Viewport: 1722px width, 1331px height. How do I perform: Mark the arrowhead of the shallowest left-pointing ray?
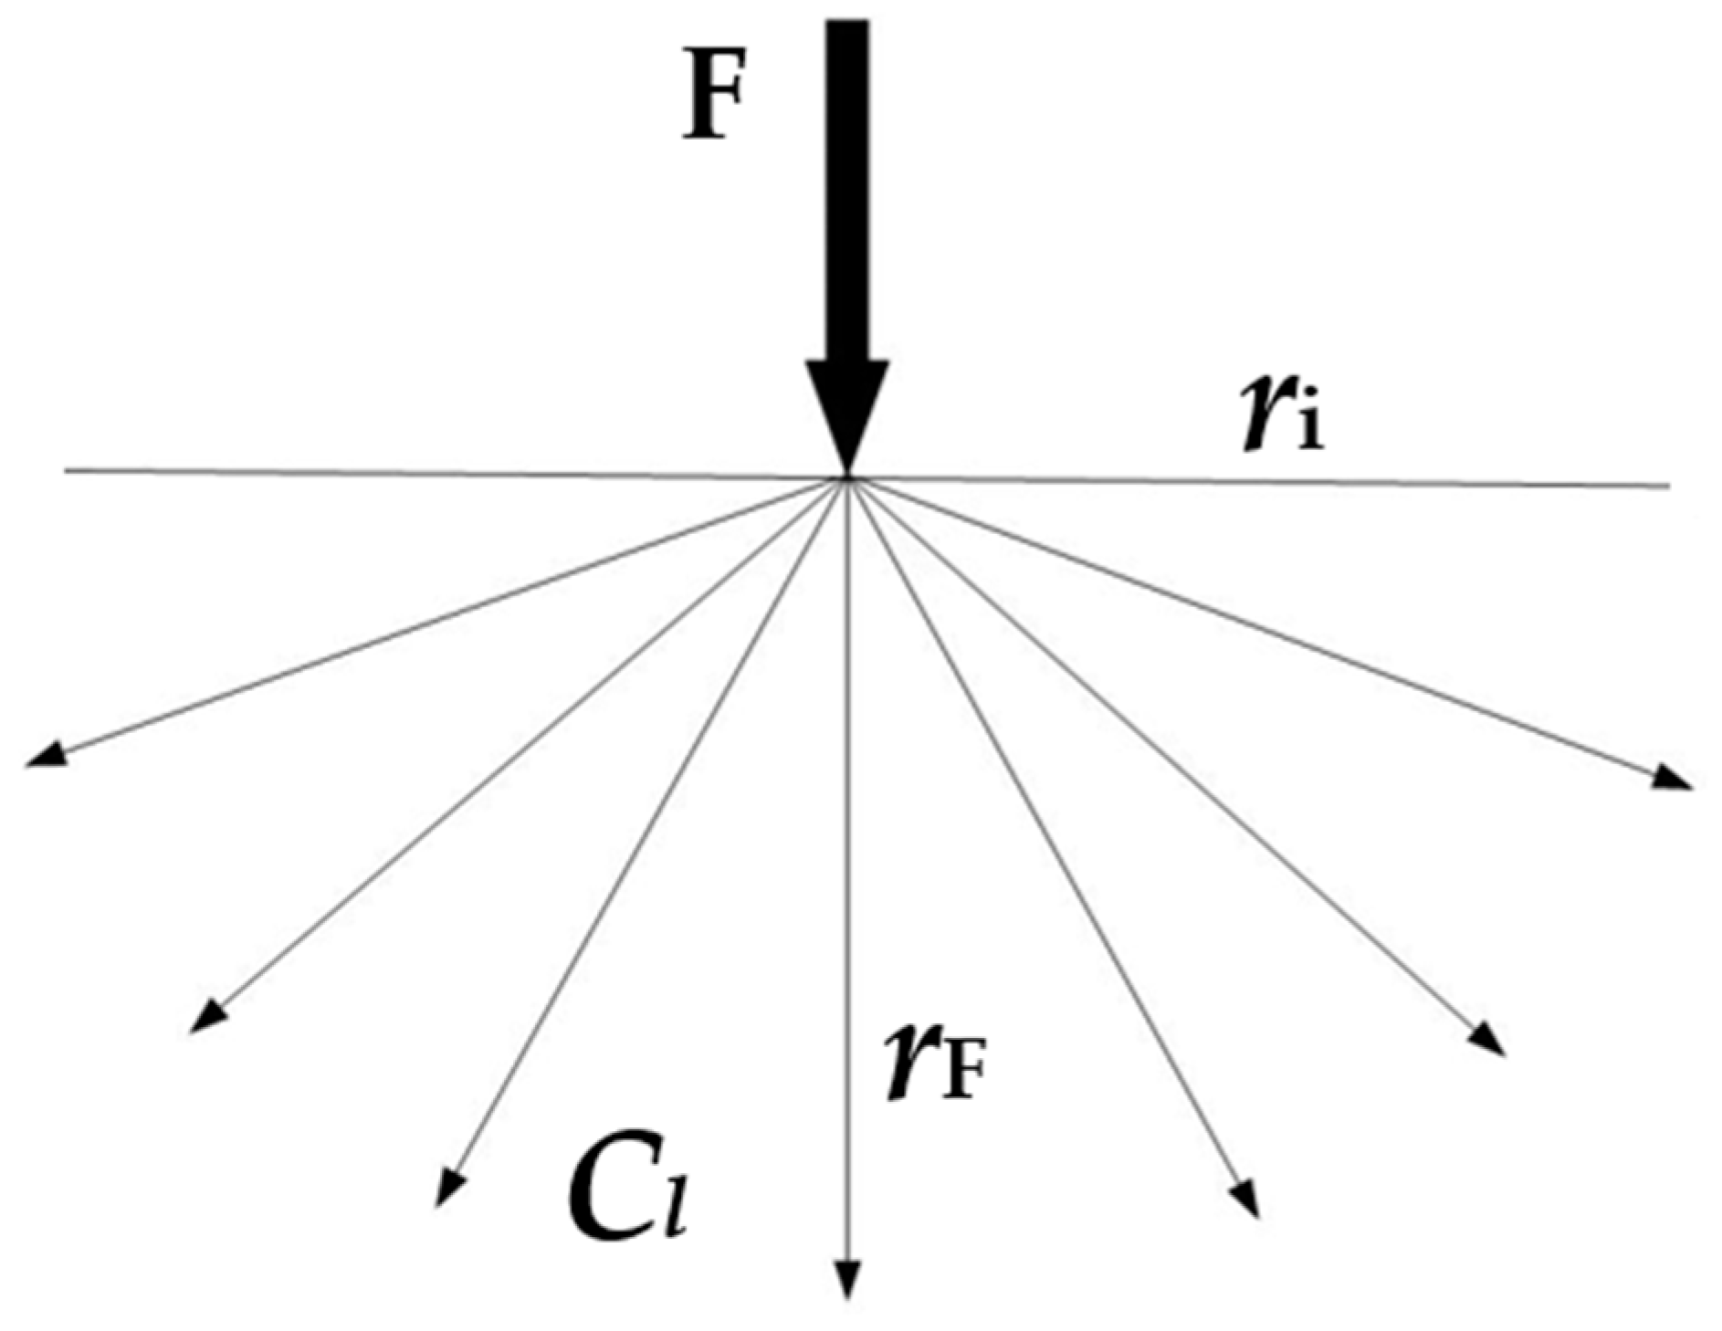coord(46,754)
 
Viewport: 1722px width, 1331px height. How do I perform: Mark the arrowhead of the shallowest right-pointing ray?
coord(1674,777)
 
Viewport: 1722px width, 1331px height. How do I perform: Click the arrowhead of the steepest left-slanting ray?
coord(448,1189)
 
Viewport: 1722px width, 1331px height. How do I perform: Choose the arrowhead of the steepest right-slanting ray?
coord(1246,1200)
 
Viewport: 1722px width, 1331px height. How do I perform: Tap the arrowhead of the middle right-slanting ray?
coord(1486,1038)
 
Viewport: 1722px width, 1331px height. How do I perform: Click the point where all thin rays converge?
coord(848,478)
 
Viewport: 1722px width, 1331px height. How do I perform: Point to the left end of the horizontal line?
coord(66,471)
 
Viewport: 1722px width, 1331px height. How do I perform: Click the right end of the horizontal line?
coord(1668,486)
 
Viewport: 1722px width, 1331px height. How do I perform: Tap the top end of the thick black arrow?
coord(847,23)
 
